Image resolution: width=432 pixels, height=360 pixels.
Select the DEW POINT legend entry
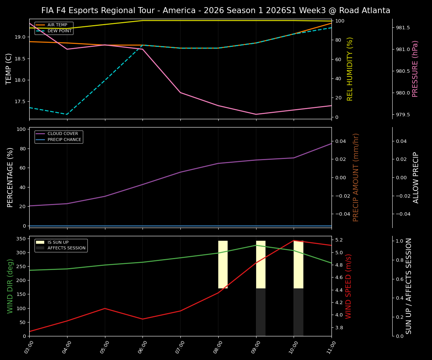[x=59, y=31]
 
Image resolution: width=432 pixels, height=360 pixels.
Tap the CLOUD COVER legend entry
[x=63, y=134]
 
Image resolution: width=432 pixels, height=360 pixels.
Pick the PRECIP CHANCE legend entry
[x=64, y=140]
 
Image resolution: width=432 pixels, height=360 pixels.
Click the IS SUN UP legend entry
[x=58, y=242]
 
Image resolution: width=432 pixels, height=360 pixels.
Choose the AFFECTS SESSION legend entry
[x=66, y=248]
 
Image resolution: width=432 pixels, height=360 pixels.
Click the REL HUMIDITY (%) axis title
[x=350, y=69]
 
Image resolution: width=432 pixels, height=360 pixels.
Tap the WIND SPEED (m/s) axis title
[x=349, y=286]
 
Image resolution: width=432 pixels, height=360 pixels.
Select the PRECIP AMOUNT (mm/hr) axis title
[x=356, y=177]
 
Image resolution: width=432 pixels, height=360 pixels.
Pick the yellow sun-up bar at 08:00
[x=223, y=264]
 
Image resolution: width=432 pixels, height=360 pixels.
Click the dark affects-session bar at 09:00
[x=261, y=312]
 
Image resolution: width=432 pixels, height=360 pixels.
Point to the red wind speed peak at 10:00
[x=294, y=240]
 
